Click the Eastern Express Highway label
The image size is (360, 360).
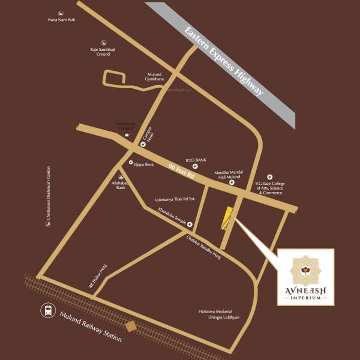click(224, 61)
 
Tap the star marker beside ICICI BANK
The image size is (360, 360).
click(195, 166)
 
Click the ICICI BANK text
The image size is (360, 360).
click(196, 160)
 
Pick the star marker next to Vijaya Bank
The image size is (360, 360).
click(131, 163)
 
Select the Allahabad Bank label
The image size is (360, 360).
click(121, 185)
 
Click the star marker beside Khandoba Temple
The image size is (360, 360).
click(190, 225)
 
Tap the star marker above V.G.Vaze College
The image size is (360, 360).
click(269, 176)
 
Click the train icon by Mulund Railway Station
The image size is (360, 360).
click(47, 310)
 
